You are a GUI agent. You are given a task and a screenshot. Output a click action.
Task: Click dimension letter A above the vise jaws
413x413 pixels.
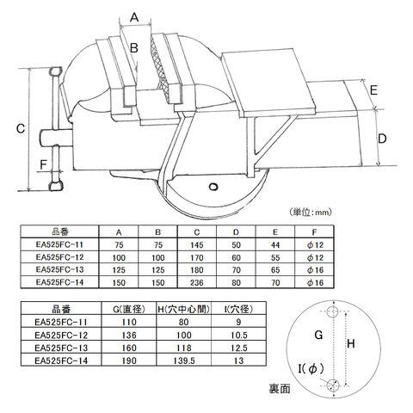pyautogui.click(x=134, y=17)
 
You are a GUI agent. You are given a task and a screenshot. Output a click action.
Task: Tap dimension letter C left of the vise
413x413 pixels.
pyautogui.click(x=21, y=129)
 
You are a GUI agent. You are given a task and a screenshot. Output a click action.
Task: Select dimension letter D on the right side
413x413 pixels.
pyautogui.click(x=382, y=139)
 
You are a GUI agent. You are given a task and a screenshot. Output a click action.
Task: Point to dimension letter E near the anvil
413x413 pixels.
pyautogui.click(x=374, y=90)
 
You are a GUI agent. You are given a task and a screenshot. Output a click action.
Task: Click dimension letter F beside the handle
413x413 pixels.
pyautogui.click(x=43, y=164)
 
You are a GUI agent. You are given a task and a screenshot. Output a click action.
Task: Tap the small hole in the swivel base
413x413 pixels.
pyautogui.click(x=213, y=187)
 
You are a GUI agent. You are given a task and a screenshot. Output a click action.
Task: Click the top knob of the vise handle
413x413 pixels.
pyautogui.click(x=56, y=71)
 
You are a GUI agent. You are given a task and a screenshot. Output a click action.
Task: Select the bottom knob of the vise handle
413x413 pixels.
pyautogui.click(x=56, y=186)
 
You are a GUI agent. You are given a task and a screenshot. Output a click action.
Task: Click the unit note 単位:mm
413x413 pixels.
pyautogui.click(x=311, y=213)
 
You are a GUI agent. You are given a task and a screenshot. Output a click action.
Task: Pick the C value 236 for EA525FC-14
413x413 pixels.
pyautogui.click(x=197, y=283)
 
